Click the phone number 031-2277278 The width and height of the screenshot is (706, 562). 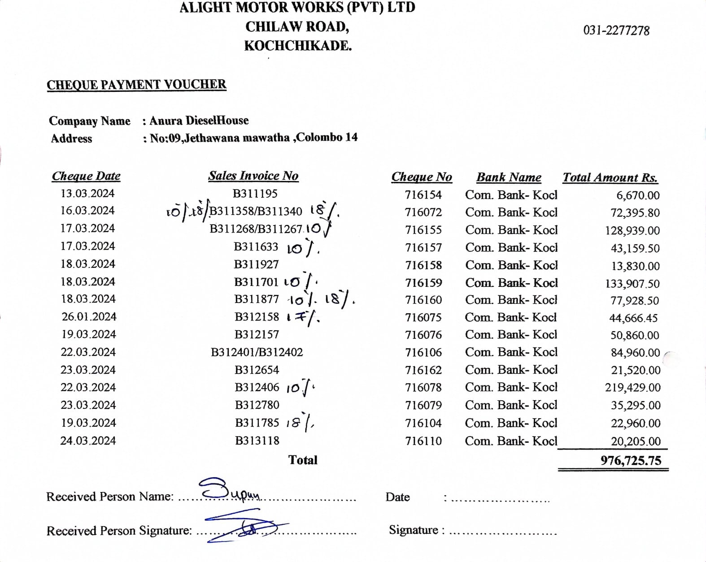pyautogui.click(x=616, y=30)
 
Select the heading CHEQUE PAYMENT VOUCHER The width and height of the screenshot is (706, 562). pyautogui.click(x=136, y=85)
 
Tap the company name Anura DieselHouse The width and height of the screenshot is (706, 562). pyautogui.click(x=199, y=121)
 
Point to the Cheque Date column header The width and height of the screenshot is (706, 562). pyautogui.click(x=86, y=176)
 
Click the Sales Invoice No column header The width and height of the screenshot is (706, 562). pyautogui.click(x=253, y=176)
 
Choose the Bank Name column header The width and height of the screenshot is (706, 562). pyautogui.click(x=509, y=177)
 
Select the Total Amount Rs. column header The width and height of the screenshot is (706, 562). pyautogui.click(x=610, y=177)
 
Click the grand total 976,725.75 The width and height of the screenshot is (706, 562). pyautogui.click(x=631, y=461)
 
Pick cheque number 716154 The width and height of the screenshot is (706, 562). pyautogui.click(x=423, y=195)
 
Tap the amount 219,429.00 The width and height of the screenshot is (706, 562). pyautogui.click(x=632, y=388)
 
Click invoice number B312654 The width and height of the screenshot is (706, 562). pyautogui.click(x=257, y=370)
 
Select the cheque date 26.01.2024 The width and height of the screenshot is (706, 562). pyautogui.click(x=89, y=317)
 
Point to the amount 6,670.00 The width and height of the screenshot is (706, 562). pyautogui.click(x=638, y=195)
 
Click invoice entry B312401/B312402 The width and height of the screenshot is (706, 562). pyautogui.click(x=257, y=352)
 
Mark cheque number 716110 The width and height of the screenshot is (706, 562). pyautogui.click(x=423, y=441)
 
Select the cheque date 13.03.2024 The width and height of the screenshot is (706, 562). pyautogui.click(x=87, y=194)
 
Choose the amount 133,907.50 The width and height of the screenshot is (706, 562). pyautogui.click(x=632, y=284)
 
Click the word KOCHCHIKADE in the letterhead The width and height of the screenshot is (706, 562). pyautogui.click(x=298, y=46)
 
